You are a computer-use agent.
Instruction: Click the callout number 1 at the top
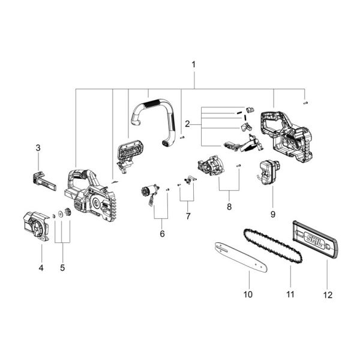point(193,64)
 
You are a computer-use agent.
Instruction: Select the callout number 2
point(188,124)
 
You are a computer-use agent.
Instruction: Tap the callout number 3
point(38,148)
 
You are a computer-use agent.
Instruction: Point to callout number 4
point(41,268)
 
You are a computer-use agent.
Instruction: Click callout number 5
point(62,268)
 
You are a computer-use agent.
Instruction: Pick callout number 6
point(162,233)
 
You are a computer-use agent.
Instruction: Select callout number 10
point(248,294)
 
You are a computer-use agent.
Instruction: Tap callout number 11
point(290,294)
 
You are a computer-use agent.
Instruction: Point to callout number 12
point(327,294)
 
